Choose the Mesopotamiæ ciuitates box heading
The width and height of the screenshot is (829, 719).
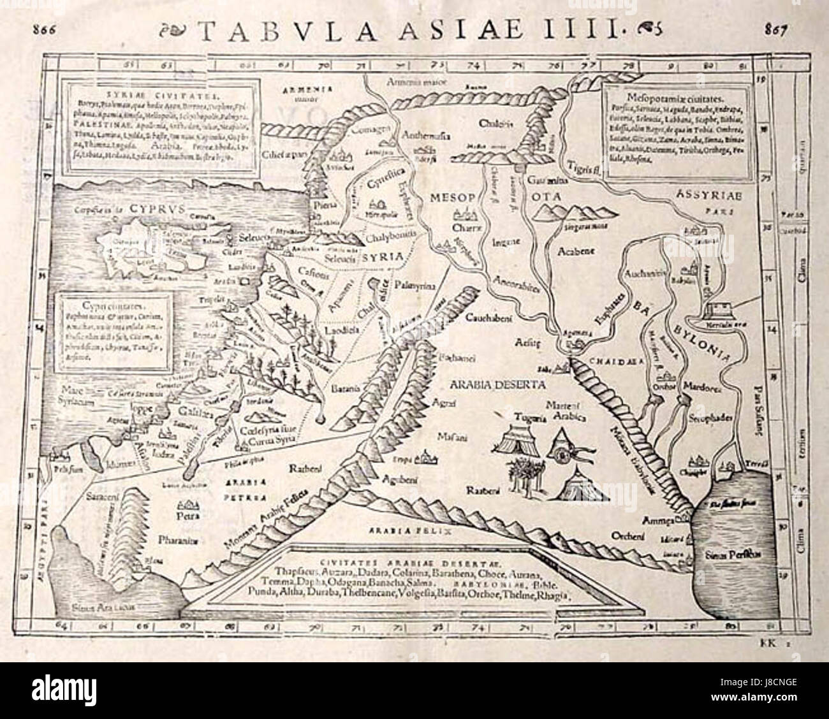(664, 99)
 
